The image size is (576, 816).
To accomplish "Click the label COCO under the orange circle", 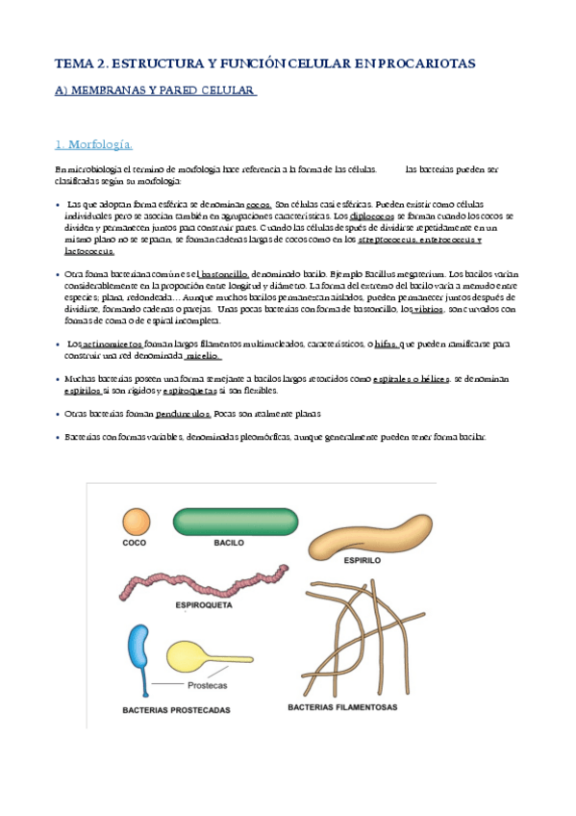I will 135,545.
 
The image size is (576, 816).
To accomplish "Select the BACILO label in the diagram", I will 230,544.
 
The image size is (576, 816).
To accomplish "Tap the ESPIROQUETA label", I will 203,606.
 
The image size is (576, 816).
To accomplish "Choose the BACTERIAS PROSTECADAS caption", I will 176,710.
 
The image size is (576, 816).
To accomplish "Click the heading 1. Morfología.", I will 94,145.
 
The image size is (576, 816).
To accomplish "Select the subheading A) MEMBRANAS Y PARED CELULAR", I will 154,90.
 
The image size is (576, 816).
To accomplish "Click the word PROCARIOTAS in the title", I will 423,64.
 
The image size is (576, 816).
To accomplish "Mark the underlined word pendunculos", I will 183,414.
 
